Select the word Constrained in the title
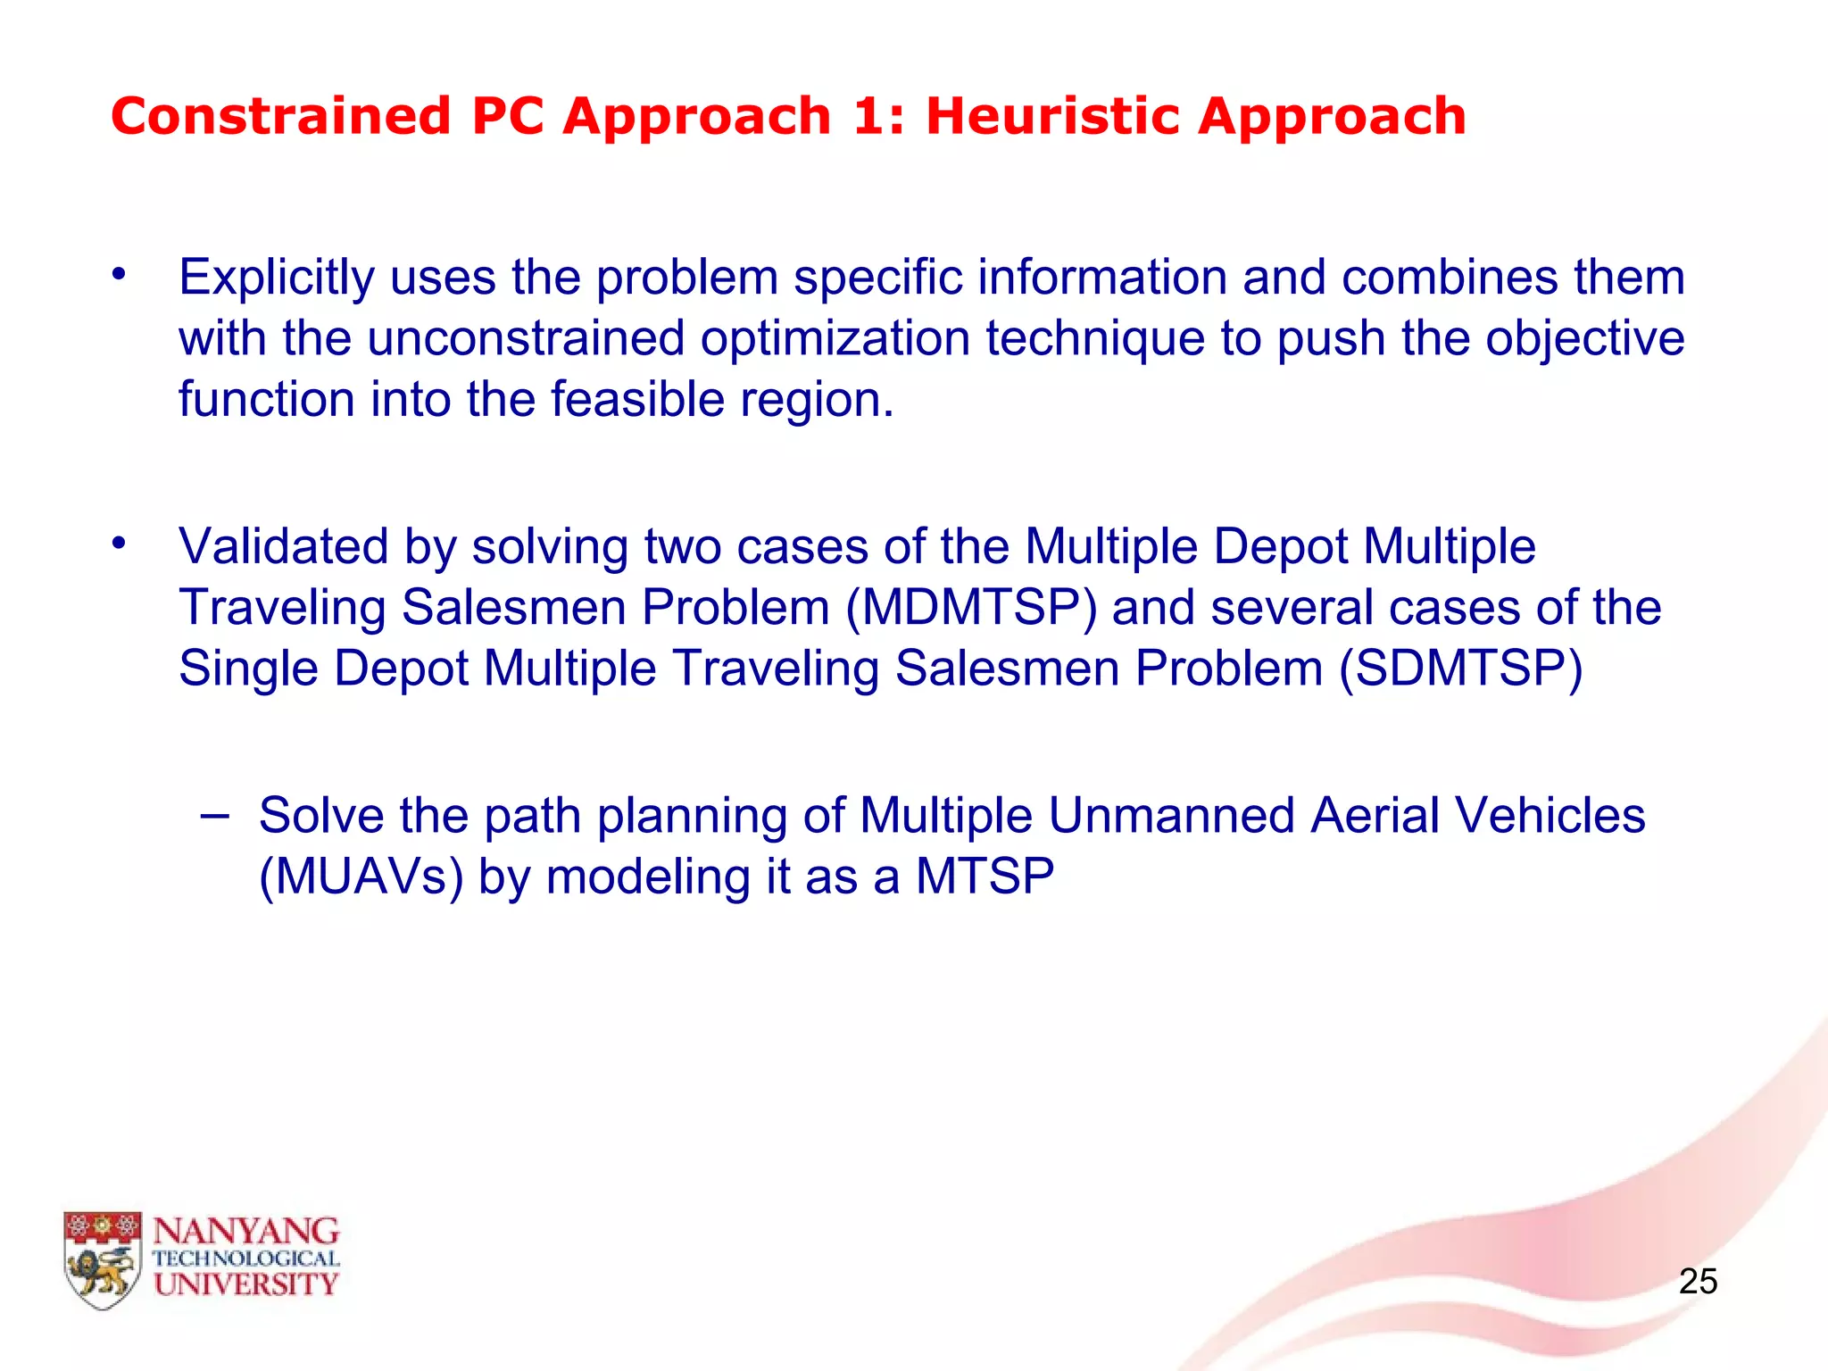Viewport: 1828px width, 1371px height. [x=281, y=117]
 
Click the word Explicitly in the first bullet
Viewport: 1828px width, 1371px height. [x=276, y=278]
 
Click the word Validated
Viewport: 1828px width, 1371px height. [x=283, y=546]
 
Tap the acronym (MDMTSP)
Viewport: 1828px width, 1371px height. [x=971, y=608]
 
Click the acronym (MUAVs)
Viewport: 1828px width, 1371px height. [x=361, y=877]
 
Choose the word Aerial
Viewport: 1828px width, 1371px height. [x=1375, y=816]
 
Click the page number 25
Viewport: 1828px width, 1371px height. [x=1698, y=1282]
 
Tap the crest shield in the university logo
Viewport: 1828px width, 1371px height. [x=103, y=1259]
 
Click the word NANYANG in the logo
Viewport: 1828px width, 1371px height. [x=246, y=1232]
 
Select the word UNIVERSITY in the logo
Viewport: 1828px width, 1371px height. [x=246, y=1284]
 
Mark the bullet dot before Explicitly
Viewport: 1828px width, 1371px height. [x=119, y=275]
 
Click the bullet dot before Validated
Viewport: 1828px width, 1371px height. [x=119, y=543]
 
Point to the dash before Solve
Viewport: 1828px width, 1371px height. [x=214, y=814]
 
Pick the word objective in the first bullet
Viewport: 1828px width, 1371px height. [x=1585, y=338]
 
